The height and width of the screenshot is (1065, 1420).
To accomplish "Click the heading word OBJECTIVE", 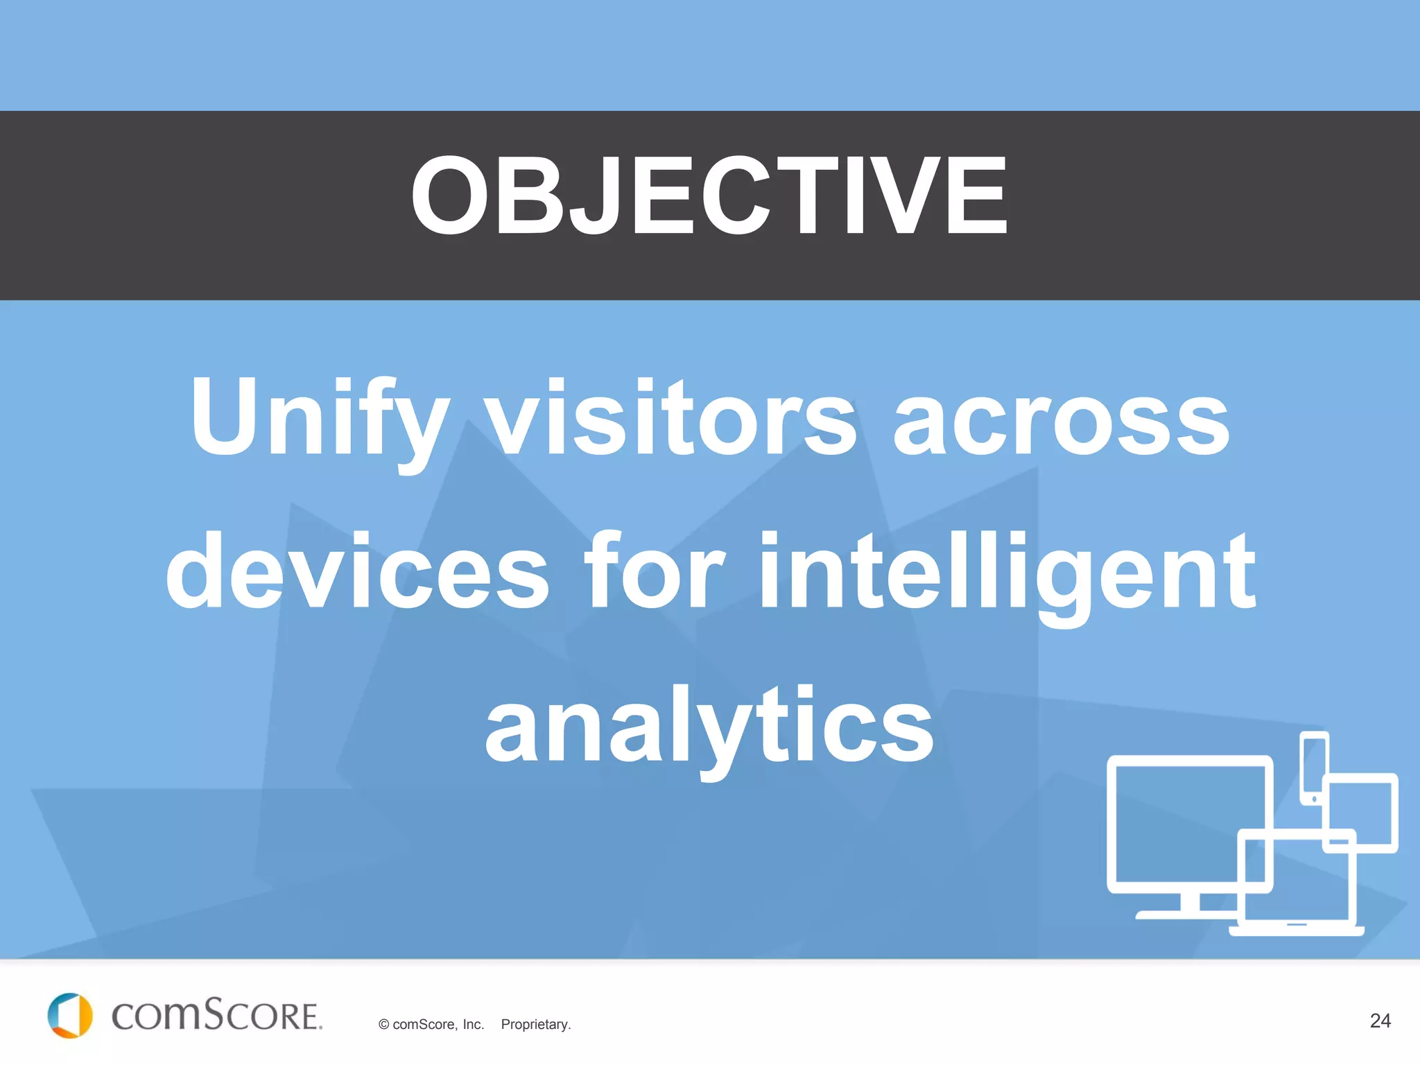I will pyautogui.click(x=709, y=196).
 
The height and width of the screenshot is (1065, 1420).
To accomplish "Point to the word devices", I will pyautogui.click(x=358, y=572).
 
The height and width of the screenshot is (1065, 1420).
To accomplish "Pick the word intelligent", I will pyautogui.click(x=1007, y=575).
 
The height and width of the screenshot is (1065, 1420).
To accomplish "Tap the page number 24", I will pyautogui.click(x=1380, y=1021).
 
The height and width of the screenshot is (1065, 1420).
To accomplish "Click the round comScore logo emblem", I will pyautogui.click(x=69, y=1016).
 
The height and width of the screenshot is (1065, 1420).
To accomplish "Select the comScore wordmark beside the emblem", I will pyautogui.click(x=216, y=1016).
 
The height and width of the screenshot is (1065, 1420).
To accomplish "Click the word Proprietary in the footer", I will pyautogui.click(x=535, y=1025).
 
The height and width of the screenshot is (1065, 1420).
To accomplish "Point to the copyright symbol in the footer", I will pyautogui.click(x=383, y=1025).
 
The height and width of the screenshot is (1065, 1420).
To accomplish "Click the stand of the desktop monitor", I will pyautogui.click(x=1190, y=905).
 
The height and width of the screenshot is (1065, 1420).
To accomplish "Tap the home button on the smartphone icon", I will pyautogui.click(x=1314, y=799).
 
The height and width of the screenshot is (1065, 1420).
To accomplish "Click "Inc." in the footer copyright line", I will pyautogui.click(x=473, y=1025).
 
